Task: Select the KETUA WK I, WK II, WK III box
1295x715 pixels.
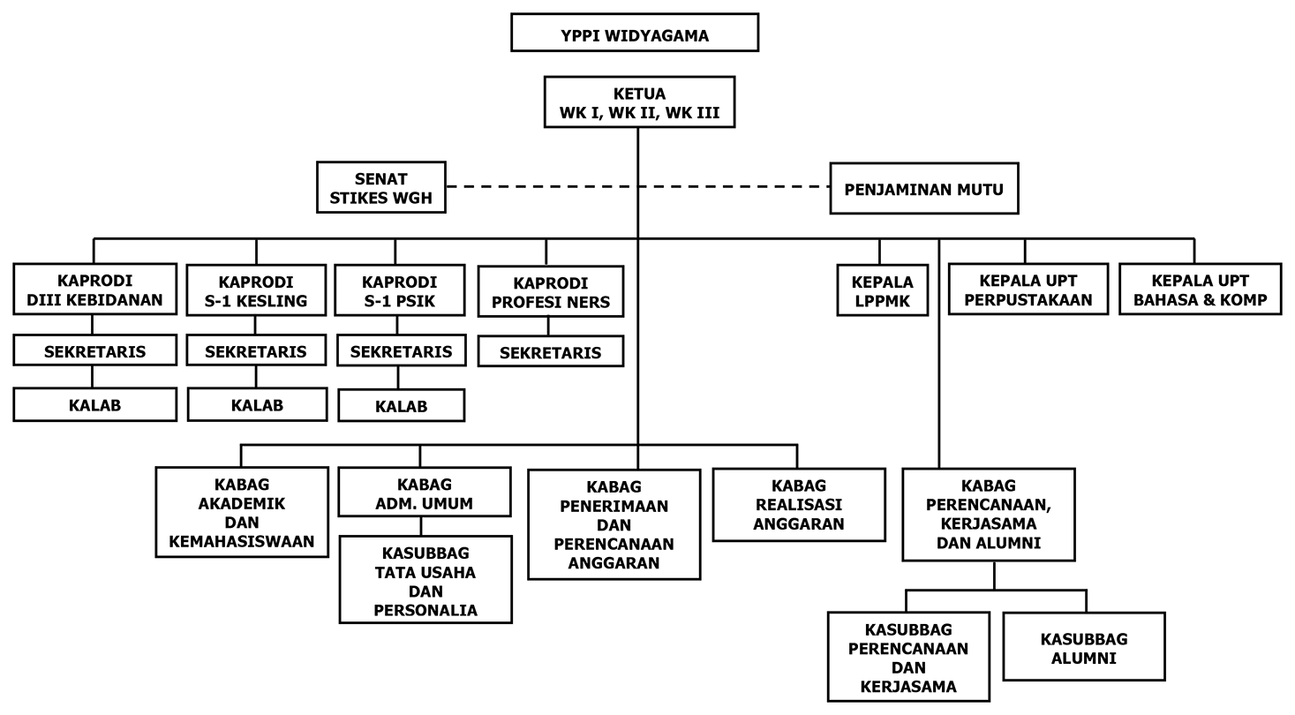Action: pos(638,103)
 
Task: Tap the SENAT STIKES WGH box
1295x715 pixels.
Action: pos(380,188)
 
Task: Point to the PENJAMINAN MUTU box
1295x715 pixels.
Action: pos(923,189)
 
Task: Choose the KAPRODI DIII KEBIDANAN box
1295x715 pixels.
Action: pos(94,290)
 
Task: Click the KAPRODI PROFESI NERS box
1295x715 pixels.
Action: pos(550,292)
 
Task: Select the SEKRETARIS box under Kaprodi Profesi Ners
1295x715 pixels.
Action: pos(550,353)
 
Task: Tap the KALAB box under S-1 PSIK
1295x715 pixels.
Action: pos(401,406)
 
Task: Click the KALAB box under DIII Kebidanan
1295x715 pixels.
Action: pos(94,405)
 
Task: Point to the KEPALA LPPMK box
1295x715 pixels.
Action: pos(882,290)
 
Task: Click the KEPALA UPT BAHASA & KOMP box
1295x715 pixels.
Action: pos(1200,290)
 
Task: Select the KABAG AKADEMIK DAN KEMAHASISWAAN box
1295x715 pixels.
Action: pos(241,512)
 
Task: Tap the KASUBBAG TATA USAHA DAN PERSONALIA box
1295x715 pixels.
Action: pos(425,580)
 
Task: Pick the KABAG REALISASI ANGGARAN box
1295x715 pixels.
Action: pos(798,504)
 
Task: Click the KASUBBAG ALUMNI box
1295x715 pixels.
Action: pos(1083,647)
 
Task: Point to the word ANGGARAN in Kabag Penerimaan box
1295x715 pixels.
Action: pos(614,562)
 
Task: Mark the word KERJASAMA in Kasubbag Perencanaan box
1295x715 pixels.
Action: pos(907,686)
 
